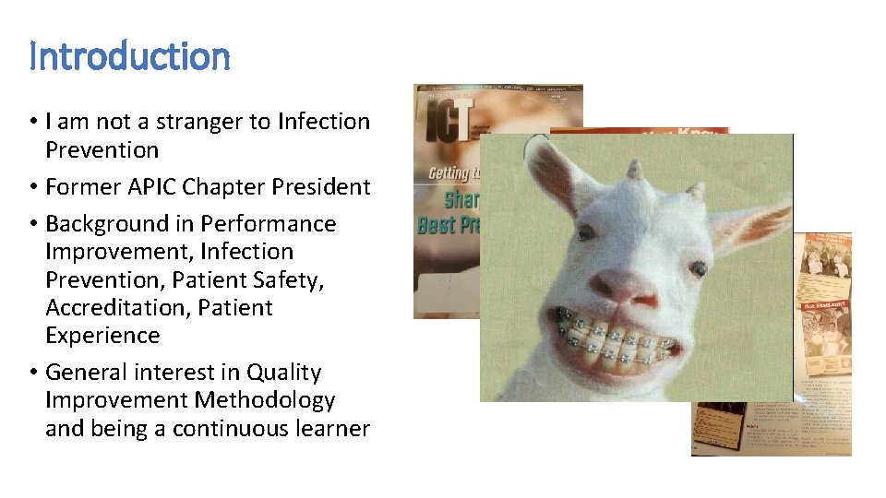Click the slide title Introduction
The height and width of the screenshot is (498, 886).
[x=129, y=56]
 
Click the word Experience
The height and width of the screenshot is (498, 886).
[x=102, y=335]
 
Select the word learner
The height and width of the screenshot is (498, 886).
[x=336, y=428]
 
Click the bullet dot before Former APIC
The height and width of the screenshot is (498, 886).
[x=33, y=187]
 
